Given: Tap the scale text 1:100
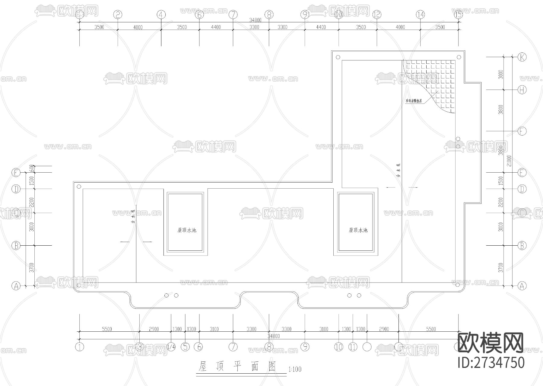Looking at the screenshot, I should [x=295, y=369].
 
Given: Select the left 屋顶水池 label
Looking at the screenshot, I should [x=187, y=230].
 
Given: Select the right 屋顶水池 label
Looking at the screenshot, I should [x=358, y=230].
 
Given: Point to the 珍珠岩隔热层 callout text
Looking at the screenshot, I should [x=414, y=101].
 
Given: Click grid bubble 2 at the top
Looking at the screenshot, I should [x=118, y=14].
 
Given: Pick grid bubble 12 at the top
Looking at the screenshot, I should [x=377, y=14].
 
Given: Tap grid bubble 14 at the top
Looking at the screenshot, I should [x=420, y=14].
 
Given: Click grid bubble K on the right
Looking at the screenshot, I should [x=522, y=57].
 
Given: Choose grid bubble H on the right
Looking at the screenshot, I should [x=522, y=90].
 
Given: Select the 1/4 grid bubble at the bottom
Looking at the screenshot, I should [x=171, y=347].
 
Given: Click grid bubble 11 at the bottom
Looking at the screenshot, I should [x=353, y=347].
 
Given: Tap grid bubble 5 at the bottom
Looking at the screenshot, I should [x=185, y=347].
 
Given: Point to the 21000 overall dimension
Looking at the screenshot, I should [x=509, y=161].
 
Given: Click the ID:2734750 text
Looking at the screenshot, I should [x=491, y=363].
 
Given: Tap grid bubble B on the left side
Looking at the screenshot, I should [x=16, y=246].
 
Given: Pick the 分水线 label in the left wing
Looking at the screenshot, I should [x=133, y=217].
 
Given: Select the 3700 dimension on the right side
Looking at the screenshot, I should [x=501, y=267].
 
